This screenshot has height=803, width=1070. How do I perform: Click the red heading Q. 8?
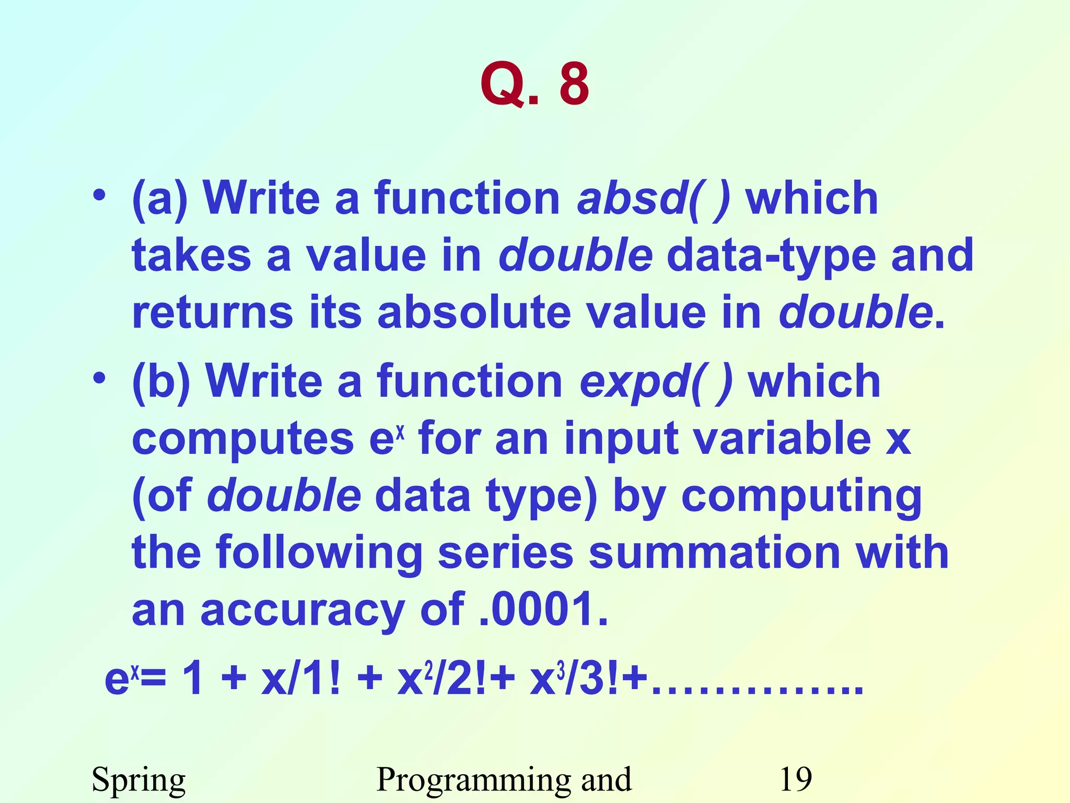[x=534, y=84]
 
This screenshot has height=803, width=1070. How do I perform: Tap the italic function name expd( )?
[x=656, y=381]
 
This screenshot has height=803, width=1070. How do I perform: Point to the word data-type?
[x=771, y=255]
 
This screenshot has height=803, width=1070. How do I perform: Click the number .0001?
[x=543, y=609]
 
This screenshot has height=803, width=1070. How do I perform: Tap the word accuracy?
[x=303, y=610]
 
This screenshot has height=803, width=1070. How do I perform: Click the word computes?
[x=243, y=439]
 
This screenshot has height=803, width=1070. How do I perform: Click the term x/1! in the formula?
[x=300, y=680]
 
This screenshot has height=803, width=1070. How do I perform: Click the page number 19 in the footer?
[x=795, y=779]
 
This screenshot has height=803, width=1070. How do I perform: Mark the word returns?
[x=212, y=312]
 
